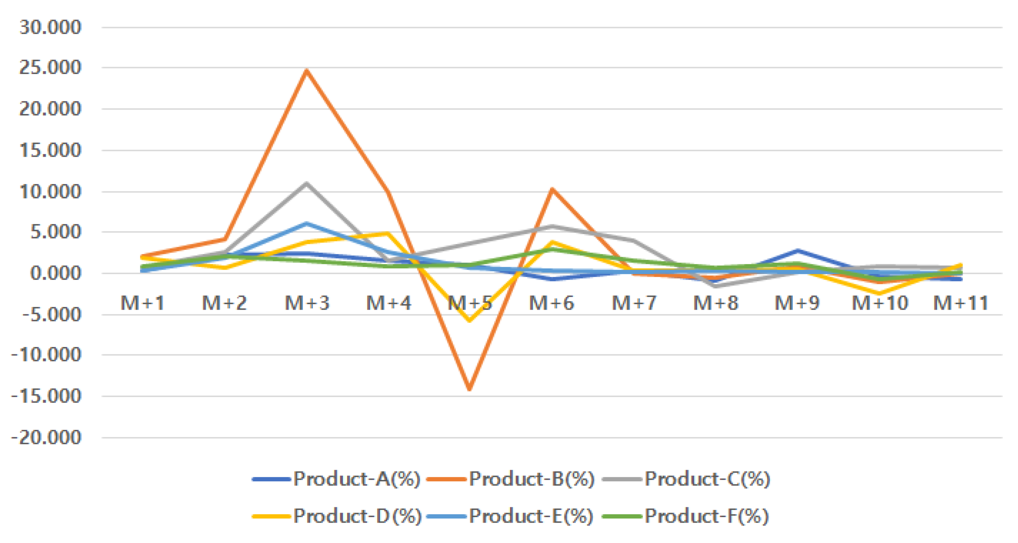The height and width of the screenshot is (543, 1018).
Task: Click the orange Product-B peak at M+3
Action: [307, 70]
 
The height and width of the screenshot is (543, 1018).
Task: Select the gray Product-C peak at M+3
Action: [307, 183]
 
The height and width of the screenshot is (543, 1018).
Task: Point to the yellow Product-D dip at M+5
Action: [470, 321]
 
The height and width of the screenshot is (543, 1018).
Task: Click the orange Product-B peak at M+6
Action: [552, 189]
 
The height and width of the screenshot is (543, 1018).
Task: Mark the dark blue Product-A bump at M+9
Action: [798, 250]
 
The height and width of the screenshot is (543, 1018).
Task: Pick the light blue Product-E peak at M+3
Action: [307, 223]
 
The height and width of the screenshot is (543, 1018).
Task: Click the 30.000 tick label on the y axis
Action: [50, 27]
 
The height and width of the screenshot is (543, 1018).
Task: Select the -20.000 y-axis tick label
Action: [47, 437]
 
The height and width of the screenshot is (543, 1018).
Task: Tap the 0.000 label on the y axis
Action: [55, 273]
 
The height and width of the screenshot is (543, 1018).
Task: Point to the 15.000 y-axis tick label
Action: [50, 150]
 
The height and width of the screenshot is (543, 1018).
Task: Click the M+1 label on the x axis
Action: [143, 303]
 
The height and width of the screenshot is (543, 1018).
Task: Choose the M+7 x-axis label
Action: [634, 303]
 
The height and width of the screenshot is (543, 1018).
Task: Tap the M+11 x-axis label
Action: [961, 303]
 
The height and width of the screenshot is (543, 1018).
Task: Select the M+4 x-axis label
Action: [388, 303]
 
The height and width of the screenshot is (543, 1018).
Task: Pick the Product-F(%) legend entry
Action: [707, 516]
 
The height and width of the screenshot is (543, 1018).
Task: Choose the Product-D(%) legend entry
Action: [357, 516]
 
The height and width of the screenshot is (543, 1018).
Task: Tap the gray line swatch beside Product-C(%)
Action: [622, 479]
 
